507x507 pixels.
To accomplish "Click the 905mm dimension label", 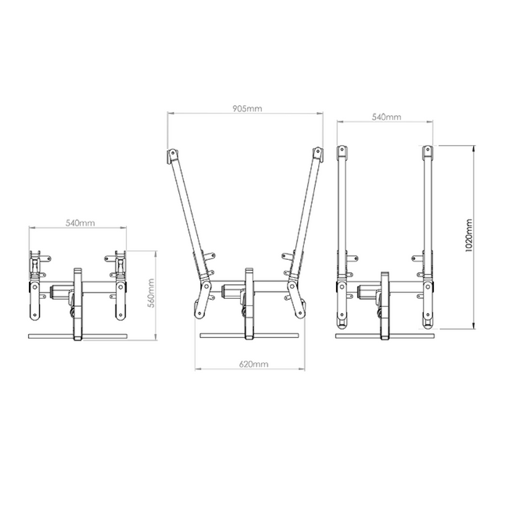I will [247, 108].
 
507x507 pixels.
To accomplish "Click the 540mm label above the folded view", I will [79, 223].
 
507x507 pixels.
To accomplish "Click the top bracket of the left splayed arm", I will [172, 156].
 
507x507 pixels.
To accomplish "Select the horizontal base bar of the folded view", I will [77, 335].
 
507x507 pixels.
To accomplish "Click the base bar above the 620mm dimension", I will [249, 335].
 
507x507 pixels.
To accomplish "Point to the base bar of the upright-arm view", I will [386, 335].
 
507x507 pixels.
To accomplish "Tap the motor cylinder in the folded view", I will [59, 292].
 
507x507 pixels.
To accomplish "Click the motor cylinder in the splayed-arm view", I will [231, 291].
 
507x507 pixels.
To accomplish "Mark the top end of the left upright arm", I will [342, 154].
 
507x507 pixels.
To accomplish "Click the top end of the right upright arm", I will [427, 154].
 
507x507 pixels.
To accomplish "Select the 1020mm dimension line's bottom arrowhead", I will [473, 327].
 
